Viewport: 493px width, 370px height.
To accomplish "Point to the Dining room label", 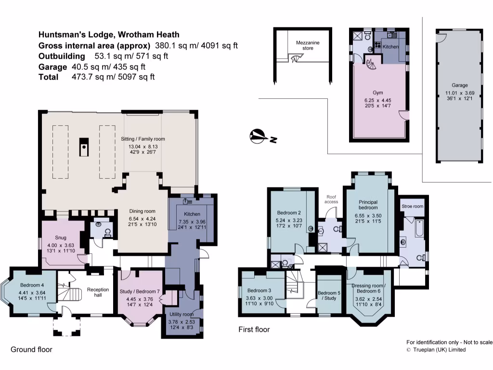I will [x=143, y=211].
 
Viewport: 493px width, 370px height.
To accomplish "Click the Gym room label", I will [x=377, y=92].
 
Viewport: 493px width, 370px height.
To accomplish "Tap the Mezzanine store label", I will [x=308, y=45].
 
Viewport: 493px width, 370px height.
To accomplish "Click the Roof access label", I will [x=331, y=198].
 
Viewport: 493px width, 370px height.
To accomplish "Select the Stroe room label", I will [x=412, y=206].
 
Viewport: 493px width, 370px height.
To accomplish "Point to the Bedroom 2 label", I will [x=289, y=212].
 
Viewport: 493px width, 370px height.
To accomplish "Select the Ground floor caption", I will [x=31, y=349].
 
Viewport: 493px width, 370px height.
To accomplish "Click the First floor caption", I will [x=254, y=330].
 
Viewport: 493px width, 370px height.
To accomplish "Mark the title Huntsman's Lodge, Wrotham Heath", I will [x=109, y=35].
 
